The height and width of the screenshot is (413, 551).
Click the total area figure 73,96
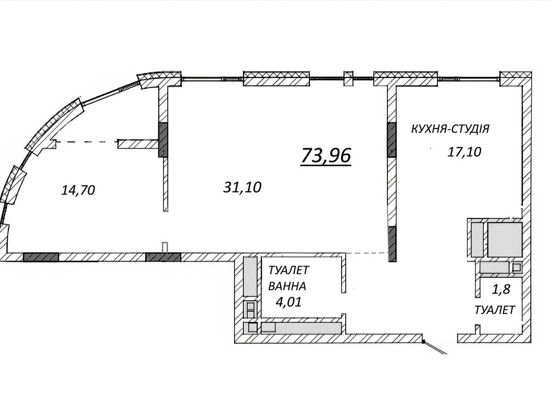[326, 156]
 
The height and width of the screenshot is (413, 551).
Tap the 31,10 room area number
[242, 187]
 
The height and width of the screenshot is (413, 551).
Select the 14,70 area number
[78, 190]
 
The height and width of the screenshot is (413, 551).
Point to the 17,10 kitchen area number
[464, 152]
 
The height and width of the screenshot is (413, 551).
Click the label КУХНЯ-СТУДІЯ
[450, 129]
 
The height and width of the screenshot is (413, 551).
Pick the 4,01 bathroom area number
[288, 302]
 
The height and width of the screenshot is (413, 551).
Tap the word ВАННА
[287, 286]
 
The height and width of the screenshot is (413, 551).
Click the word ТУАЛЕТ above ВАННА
[289, 270]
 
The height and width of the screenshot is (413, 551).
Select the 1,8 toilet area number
[501, 290]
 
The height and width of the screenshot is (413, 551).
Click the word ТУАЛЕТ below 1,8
[495, 310]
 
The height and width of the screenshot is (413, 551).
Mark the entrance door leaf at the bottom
[435, 347]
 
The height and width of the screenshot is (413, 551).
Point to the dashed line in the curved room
[87, 142]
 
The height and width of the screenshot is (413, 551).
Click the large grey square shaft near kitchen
[505, 240]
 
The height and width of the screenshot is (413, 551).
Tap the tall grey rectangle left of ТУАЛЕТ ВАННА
[250, 277]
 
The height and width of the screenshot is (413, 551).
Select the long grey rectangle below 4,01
[301, 328]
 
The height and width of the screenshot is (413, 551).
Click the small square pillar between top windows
[348, 78]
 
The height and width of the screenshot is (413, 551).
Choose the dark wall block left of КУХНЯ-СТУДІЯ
[392, 140]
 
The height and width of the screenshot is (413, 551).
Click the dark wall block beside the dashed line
[163, 140]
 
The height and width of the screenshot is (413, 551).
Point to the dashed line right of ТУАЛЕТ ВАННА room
[367, 253]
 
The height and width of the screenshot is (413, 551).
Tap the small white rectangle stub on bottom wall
[165, 247]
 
